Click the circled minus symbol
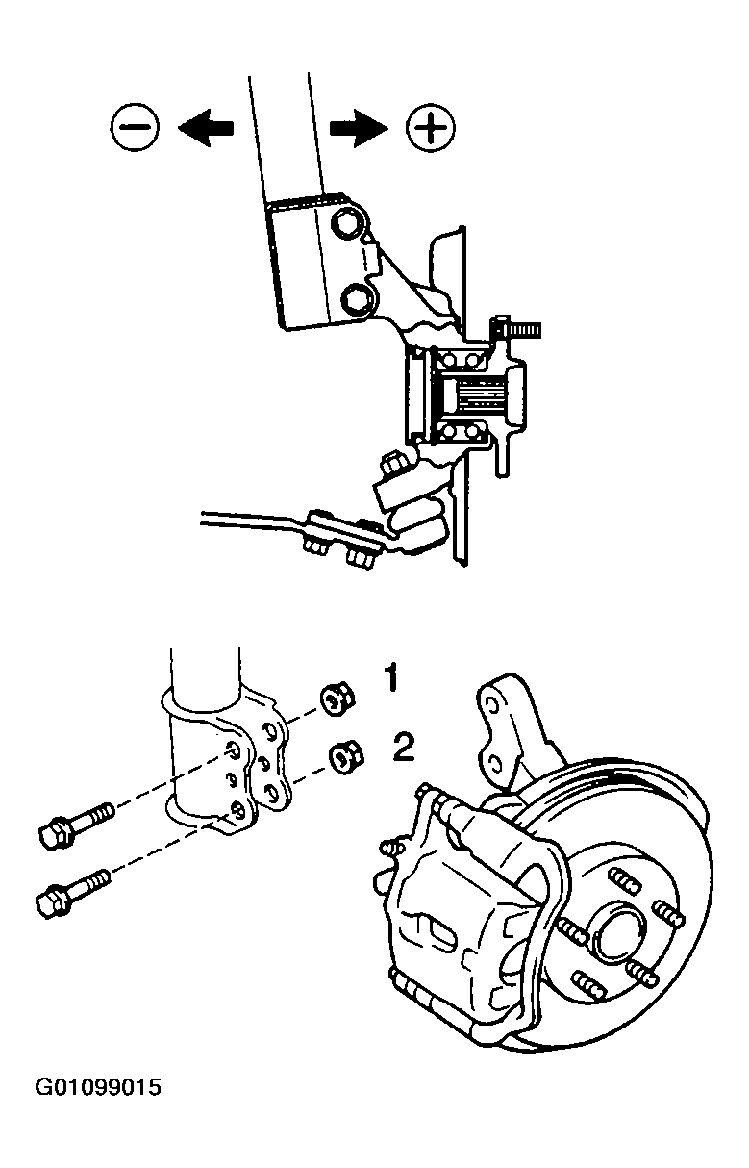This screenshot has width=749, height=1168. click(135, 127)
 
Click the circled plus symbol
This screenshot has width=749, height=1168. click(431, 127)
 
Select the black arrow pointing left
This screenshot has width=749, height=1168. click(206, 128)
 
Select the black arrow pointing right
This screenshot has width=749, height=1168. click(360, 128)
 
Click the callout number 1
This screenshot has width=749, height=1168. click(390, 677)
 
